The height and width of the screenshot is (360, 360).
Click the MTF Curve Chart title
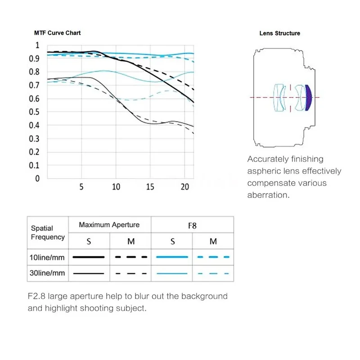[57, 33]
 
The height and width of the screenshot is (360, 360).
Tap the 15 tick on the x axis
[150, 187]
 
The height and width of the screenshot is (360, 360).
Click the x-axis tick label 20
[184, 187]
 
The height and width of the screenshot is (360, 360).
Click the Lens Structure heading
[279, 33]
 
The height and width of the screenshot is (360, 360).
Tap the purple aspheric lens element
[308, 98]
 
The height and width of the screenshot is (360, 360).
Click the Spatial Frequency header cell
[48, 233]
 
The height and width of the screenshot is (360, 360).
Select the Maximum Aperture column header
[109, 225]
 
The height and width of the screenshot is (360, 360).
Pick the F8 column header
[192, 225]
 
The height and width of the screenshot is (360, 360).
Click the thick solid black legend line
[89, 257]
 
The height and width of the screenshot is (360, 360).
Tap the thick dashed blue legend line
[213, 257]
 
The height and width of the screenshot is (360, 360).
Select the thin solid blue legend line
[172, 273]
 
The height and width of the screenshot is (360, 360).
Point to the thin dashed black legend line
[131, 273]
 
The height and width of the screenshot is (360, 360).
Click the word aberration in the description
[267, 195]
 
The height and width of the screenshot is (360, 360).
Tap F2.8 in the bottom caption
[37, 296]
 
